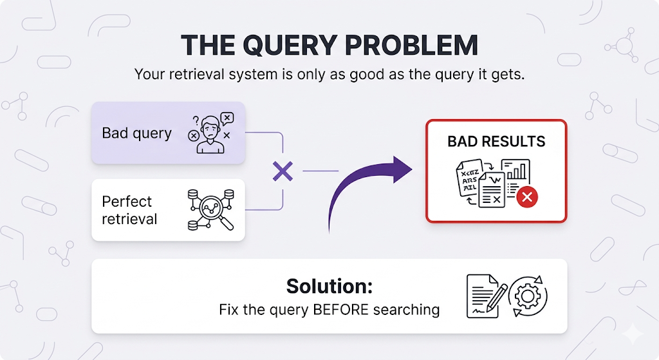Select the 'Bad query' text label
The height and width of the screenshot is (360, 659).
(x=136, y=133)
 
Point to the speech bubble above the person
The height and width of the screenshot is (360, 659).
(x=227, y=117)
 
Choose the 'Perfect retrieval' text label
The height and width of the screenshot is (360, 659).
(x=129, y=210)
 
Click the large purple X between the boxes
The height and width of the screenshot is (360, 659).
(x=283, y=171)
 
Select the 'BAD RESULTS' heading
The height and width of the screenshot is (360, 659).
(x=496, y=142)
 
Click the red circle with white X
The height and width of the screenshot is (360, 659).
(x=527, y=198)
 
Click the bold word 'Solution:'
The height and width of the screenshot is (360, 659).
(x=329, y=286)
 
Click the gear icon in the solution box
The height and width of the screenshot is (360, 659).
(x=528, y=296)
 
